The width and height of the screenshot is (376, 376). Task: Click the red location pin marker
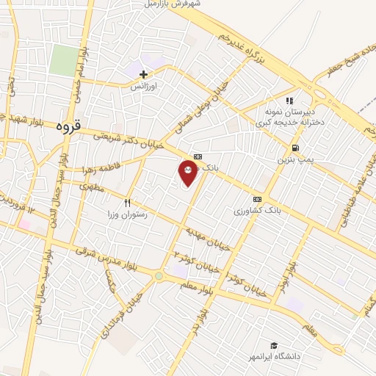coord(188,173)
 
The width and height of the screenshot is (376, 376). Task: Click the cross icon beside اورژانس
coord(143,74)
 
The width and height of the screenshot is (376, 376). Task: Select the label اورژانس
coord(145,86)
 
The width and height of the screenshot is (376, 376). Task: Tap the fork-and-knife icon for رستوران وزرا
coord(128,203)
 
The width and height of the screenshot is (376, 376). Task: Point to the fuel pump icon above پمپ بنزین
coord(294,147)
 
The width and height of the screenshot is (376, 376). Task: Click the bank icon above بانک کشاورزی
coord(257,199)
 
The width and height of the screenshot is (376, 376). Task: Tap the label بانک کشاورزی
coord(257,211)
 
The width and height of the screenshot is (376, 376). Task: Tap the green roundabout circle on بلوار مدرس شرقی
coord(159,276)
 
